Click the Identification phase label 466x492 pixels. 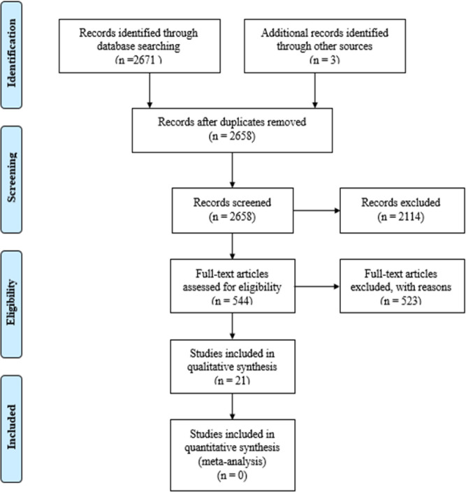[12, 53]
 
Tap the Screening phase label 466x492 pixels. [12, 178]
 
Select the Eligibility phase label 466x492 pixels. [12, 303]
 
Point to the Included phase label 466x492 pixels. [12, 427]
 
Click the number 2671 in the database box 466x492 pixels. [144, 59]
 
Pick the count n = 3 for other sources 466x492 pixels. [325, 59]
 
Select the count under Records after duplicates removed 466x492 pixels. [232, 136]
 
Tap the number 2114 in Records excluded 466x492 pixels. [410, 217]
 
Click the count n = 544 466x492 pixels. [232, 301]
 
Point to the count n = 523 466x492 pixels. [401, 301]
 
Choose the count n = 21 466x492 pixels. [232, 380]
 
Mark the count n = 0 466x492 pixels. [232, 475]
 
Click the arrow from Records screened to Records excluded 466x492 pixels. [316, 210]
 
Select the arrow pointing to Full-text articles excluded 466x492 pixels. [317, 287]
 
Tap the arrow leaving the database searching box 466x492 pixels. [150, 90]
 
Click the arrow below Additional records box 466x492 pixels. [315, 90]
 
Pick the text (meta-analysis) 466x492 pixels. [232, 461]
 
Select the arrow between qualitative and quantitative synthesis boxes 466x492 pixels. [233, 406]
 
